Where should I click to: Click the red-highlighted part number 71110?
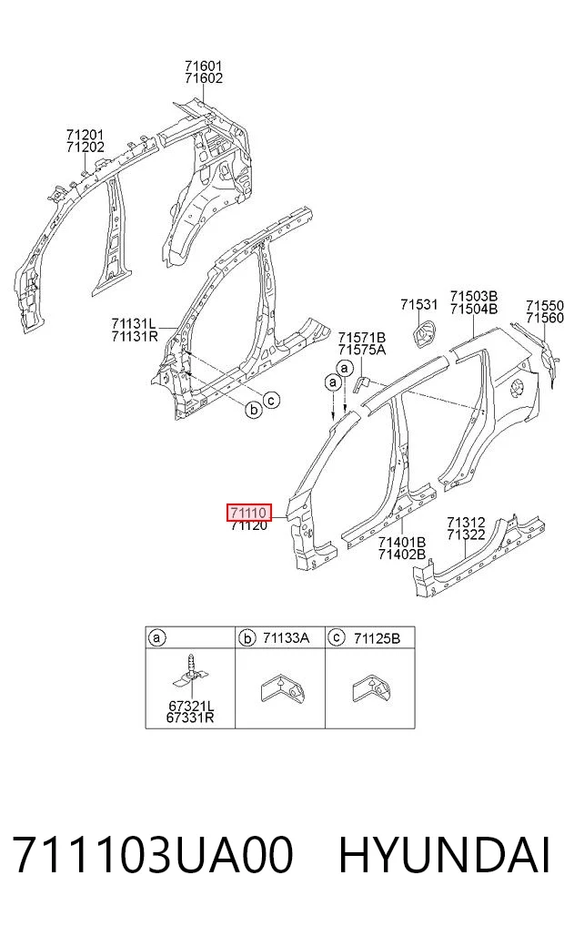point(249,513)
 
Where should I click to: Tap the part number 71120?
point(249,525)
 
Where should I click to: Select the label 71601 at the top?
point(203,66)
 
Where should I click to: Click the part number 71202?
point(86,148)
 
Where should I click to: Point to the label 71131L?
point(134,323)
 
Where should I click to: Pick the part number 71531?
point(418,305)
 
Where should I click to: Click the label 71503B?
point(474,296)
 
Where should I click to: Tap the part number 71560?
point(545,319)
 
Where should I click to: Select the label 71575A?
point(362,350)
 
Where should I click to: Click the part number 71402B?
point(402,555)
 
